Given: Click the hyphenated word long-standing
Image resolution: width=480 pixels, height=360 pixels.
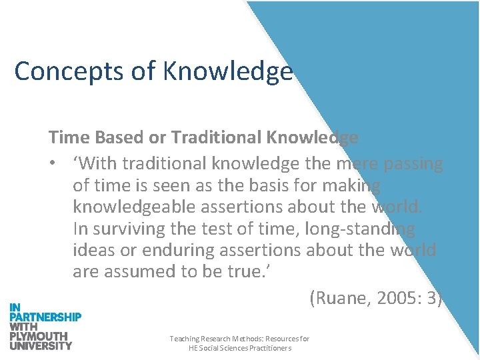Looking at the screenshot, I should [x=359, y=229].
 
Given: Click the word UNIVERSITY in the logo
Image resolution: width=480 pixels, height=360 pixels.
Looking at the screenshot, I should [x=41, y=345].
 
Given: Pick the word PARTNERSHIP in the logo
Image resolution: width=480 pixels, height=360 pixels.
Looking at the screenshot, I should [x=45, y=317].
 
